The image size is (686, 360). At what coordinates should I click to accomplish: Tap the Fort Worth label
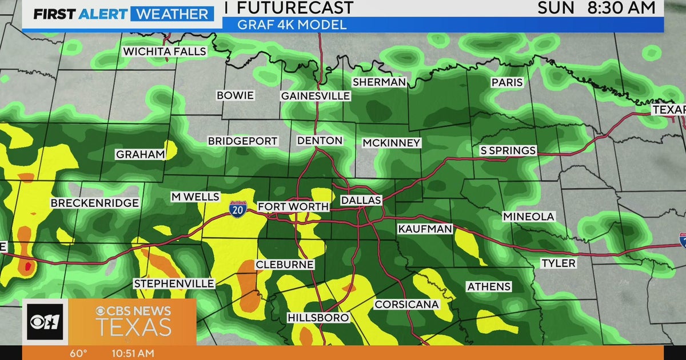pyautogui.click(x=293, y=207)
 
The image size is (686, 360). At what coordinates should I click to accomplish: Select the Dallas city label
pyautogui.click(x=361, y=201)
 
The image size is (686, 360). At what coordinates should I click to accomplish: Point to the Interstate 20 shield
pyautogui.click(x=238, y=209)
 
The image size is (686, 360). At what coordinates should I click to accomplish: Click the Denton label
pyautogui.click(x=320, y=141)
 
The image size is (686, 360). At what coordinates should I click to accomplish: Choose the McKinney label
pyautogui.click(x=392, y=143)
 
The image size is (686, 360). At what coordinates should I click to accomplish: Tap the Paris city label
pyautogui.click(x=507, y=82)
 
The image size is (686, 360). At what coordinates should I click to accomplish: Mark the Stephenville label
pyautogui.click(x=174, y=284)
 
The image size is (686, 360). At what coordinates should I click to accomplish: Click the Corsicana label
pyautogui.click(x=406, y=305)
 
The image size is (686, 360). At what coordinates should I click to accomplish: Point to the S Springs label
pyautogui.click(x=508, y=151)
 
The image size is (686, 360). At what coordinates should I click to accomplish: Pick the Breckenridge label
pyautogui.click(x=94, y=203)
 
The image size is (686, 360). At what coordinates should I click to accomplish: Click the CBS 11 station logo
pyautogui.click(x=45, y=322)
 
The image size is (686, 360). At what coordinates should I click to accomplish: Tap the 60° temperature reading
pyautogui.click(x=79, y=353)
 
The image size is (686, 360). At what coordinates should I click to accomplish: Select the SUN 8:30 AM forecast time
pyautogui.click(x=596, y=7)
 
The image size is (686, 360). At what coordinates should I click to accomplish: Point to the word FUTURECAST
pyautogui.click(x=295, y=7)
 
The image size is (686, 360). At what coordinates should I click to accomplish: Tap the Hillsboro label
pyautogui.click(x=318, y=318)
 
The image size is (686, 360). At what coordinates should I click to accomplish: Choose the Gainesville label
pyautogui.click(x=315, y=96)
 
